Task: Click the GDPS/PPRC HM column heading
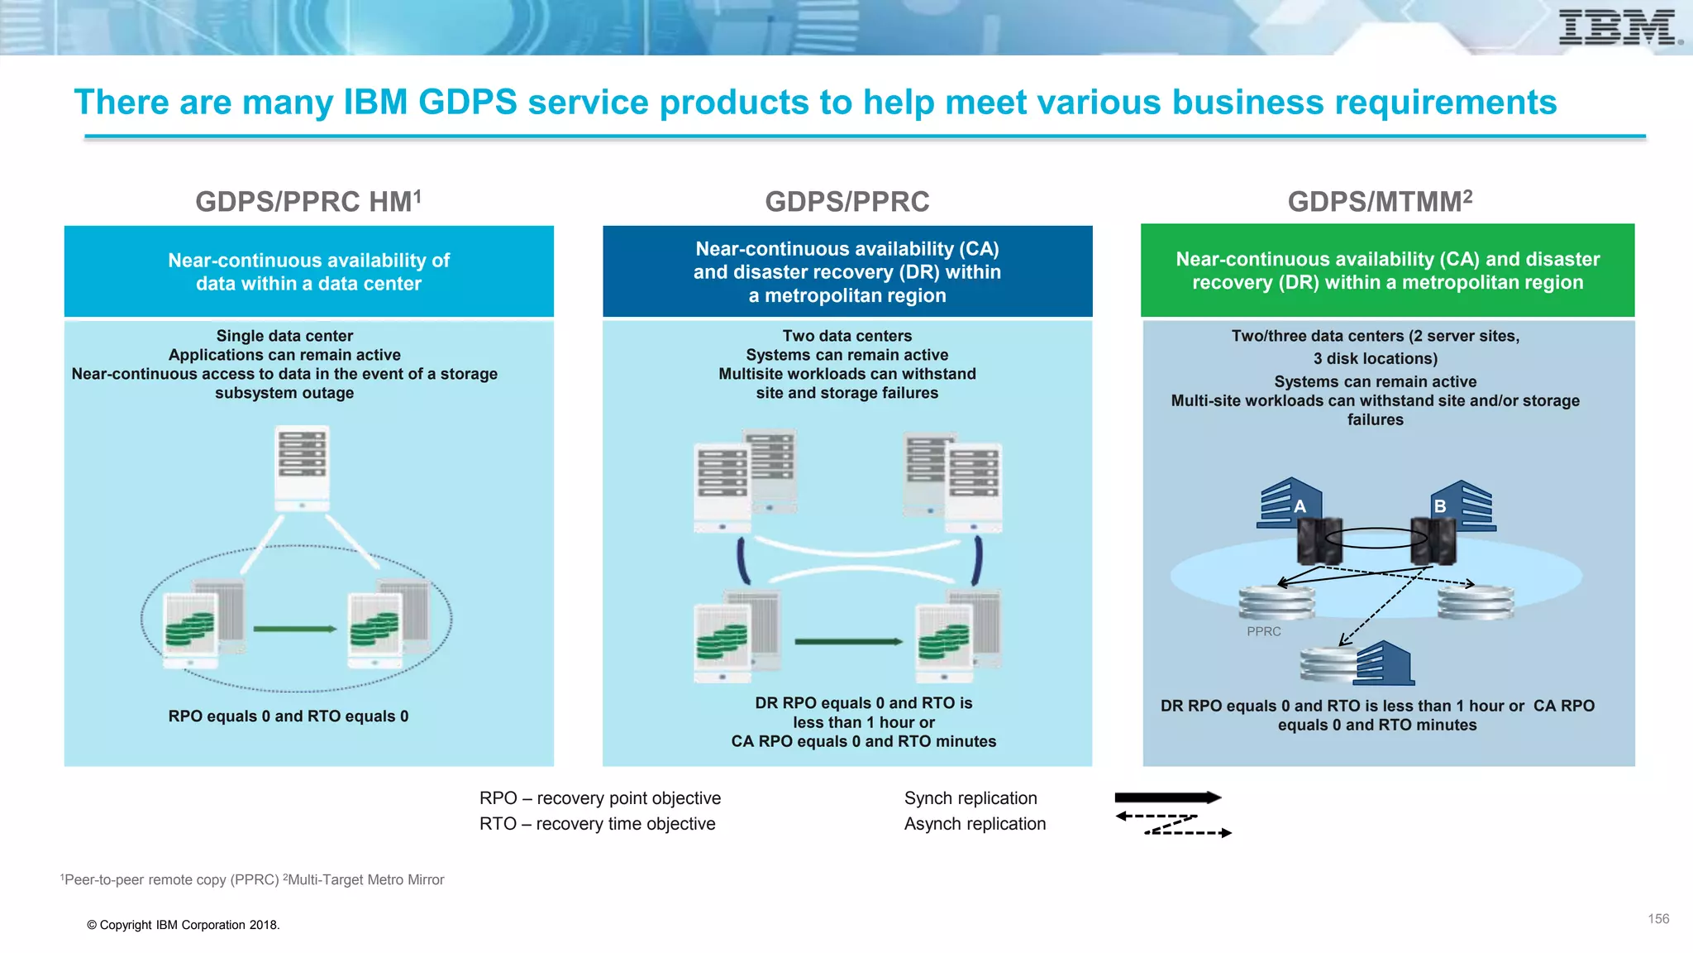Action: [308, 201]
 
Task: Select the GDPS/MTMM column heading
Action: [1379, 201]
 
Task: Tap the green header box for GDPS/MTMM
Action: [1387, 271]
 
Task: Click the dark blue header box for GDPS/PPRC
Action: [846, 271]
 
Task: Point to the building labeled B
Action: [1464, 505]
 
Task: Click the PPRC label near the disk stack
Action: [1263, 631]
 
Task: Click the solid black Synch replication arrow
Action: [1167, 797]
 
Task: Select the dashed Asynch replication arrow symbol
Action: [1172, 825]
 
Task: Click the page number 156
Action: [1658, 918]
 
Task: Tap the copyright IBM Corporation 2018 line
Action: [184, 925]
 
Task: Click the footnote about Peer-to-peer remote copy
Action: [252, 879]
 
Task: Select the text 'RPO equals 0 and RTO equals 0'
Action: [289, 716]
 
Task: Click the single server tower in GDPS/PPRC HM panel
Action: [302, 468]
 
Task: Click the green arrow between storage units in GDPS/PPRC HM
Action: [294, 629]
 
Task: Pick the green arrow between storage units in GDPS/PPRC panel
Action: [848, 641]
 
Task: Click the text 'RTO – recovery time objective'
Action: [597, 824]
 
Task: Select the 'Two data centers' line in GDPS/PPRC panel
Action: [846, 336]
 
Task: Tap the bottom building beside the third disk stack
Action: [1384, 663]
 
